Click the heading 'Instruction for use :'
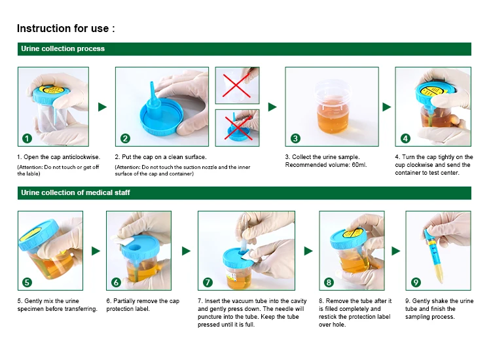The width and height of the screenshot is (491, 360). pos(66,29)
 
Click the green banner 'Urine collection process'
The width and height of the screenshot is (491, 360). pos(63,49)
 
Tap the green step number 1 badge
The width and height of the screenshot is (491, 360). pos(27,138)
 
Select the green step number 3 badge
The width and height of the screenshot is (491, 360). pos(295,138)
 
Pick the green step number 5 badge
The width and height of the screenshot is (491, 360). pos(27,282)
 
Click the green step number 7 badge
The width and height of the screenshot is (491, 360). pos(208,282)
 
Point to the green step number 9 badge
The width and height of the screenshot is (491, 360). pos(416,282)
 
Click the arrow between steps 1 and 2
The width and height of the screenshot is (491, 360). pos(101,107)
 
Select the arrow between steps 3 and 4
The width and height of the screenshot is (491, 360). pos(386,107)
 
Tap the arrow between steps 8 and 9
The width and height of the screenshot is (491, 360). pos(396,251)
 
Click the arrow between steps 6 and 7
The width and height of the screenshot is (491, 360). pos(186,251)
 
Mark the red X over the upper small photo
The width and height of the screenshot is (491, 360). pos(237,85)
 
